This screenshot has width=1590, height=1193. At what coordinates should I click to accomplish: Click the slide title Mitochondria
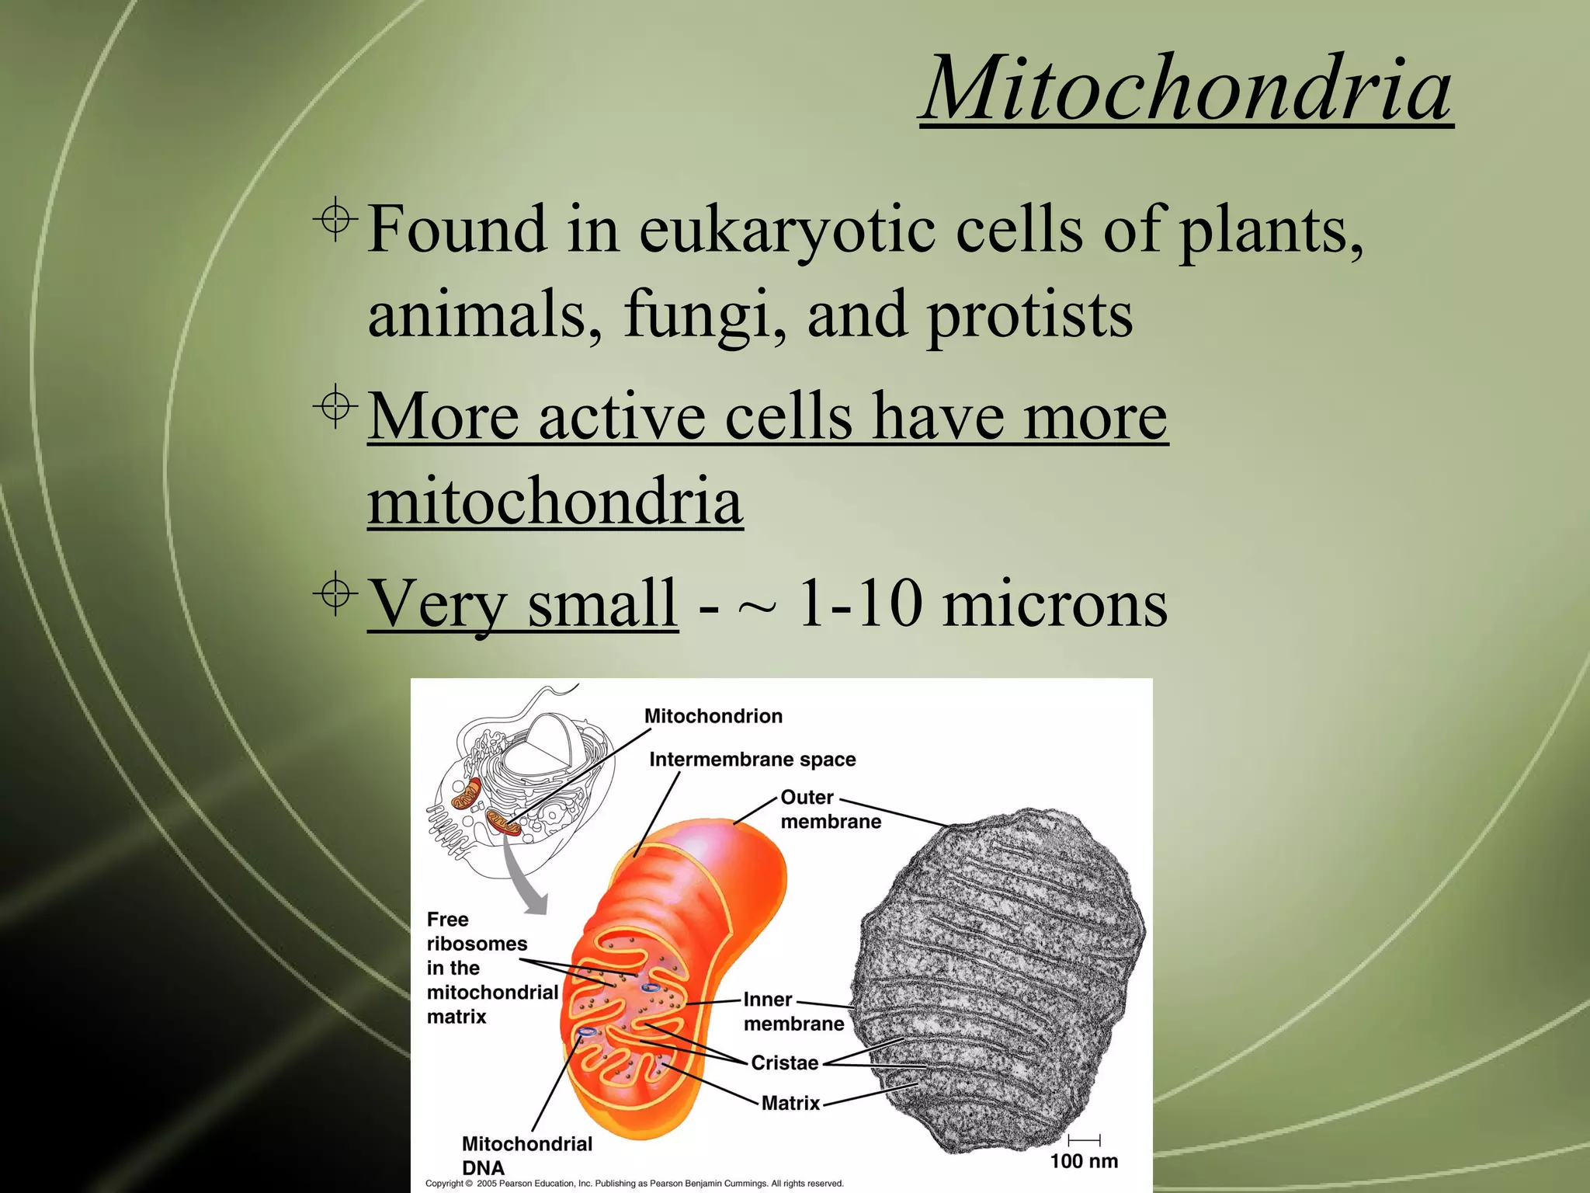tap(1186, 89)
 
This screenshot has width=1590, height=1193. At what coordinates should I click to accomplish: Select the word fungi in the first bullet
tap(703, 315)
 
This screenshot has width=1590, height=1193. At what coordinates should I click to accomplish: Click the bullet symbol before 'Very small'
tap(336, 594)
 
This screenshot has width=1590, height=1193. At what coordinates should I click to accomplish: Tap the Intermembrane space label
tap(752, 760)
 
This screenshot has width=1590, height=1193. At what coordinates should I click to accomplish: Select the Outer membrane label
tap(830, 809)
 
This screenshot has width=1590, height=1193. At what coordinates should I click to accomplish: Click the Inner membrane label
tap(793, 1011)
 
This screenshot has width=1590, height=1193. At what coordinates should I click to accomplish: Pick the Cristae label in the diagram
tap(784, 1063)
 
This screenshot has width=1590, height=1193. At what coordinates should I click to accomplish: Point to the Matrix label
tap(790, 1103)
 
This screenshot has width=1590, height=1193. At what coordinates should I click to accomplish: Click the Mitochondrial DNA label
tap(526, 1155)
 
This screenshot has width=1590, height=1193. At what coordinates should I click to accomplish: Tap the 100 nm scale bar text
tap(1084, 1161)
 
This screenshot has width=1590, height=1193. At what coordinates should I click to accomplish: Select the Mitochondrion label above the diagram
tap(713, 716)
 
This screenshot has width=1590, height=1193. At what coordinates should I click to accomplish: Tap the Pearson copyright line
tap(634, 1184)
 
